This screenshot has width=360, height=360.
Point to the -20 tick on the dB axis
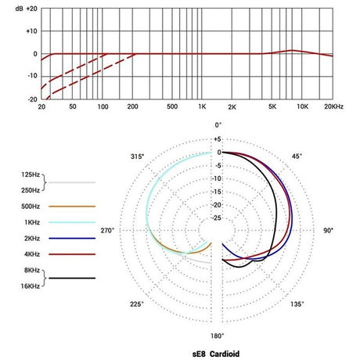point(31,99)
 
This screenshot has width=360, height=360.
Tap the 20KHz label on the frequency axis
point(334,106)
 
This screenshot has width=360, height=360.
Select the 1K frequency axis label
point(202,106)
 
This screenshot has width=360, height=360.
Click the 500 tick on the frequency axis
point(170,106)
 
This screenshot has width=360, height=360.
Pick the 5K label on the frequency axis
point(272,106)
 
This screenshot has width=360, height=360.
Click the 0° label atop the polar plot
point(219,125)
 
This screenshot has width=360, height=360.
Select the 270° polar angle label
point(107,230)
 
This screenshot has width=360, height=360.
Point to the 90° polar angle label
point(329,230)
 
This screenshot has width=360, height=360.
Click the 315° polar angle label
point(138,157)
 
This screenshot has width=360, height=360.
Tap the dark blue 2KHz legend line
point(71,238)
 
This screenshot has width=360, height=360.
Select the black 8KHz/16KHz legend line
point(71,278)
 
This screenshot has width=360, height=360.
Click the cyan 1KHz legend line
point(71,222)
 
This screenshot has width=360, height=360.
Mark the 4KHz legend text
point(33,254)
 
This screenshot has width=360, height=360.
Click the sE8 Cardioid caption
point(218,352)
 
